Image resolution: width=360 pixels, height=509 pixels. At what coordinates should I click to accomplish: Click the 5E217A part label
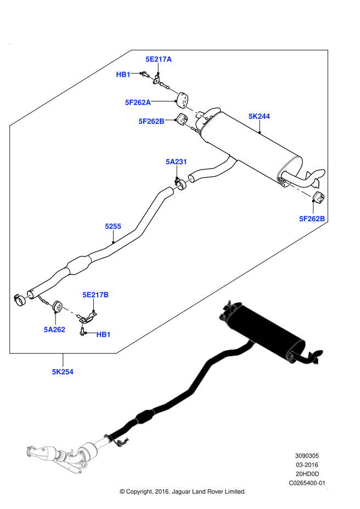159,59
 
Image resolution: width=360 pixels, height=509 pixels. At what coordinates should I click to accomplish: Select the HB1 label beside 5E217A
123,75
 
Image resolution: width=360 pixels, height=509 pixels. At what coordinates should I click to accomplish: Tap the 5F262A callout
138,103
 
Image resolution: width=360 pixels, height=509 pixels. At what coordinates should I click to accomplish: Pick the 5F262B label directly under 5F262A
151,121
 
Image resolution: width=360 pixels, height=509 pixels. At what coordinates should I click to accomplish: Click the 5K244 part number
259,116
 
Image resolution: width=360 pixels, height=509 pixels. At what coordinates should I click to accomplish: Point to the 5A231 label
177,162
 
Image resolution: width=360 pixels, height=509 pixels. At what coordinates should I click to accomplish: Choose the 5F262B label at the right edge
312,219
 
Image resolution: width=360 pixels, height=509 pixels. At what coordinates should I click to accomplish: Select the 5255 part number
113,227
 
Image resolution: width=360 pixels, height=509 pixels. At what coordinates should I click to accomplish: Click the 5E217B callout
95,295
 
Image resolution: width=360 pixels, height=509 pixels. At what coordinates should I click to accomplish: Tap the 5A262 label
54,330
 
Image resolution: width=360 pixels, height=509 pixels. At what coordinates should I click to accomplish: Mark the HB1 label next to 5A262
103,335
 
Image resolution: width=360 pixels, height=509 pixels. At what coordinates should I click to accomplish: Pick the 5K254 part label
63,372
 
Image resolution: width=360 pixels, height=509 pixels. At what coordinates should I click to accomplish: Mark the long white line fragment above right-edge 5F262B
299,189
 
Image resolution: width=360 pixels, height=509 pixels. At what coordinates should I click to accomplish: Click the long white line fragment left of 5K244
194,111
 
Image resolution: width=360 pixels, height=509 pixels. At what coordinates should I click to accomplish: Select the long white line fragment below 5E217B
68,310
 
